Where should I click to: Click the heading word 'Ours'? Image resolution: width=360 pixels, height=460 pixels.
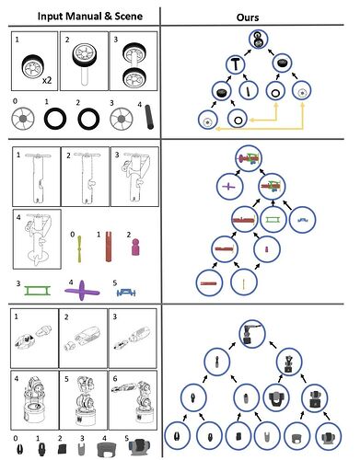(248, 17)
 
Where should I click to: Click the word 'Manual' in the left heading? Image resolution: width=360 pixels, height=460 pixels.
(85, 16)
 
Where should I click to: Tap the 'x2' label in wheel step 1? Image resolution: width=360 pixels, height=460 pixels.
(47, 80)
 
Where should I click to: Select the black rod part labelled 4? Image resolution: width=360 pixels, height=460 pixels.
(149, 117)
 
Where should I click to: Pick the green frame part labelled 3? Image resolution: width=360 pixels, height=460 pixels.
(37, 290)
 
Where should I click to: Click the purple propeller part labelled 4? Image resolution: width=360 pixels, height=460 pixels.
(82, 291)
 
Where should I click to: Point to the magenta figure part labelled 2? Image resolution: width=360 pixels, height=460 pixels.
(135, 247)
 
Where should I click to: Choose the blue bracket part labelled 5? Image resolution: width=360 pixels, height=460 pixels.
(126, 293)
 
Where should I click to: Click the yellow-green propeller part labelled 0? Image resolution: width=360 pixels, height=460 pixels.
(79, 249)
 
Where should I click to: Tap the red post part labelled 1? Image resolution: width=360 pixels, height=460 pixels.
(109, 247)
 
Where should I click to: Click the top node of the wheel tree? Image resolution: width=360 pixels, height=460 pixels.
(259, 40)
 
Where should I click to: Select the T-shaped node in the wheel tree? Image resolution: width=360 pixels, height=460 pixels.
(236, 64)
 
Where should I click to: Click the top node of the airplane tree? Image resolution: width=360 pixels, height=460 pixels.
(249, 158)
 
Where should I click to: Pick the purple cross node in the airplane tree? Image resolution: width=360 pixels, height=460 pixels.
(229, 186)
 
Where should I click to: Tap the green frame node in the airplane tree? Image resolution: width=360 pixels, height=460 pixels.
(273, 219)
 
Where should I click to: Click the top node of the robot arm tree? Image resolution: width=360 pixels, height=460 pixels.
(252, 334)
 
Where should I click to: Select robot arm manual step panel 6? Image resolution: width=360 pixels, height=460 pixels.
(133, 400)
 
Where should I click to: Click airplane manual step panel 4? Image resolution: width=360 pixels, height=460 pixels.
(37, 239)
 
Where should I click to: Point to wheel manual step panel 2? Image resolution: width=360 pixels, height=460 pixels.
(84, 61)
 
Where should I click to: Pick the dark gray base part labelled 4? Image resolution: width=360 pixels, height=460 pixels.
(107, 449)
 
